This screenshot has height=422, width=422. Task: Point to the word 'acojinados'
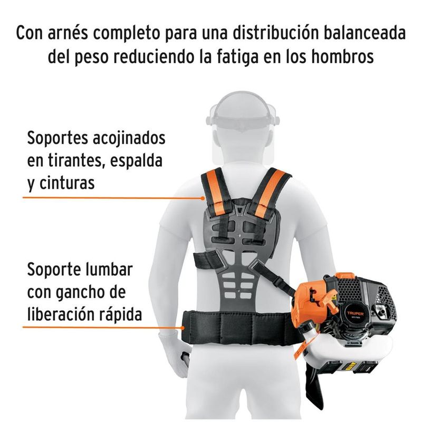(129, 139)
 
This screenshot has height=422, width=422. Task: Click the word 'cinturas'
(67, 183)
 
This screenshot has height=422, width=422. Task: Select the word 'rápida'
(120, 314)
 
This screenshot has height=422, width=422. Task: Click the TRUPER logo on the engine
(355, 313)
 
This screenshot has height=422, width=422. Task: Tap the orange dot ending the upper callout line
(203, 198)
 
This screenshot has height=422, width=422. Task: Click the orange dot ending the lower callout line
(183, 328)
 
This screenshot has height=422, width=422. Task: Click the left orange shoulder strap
(215, 191)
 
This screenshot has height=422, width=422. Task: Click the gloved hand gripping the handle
(175, 352)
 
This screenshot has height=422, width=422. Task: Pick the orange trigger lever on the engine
(330, 299)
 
